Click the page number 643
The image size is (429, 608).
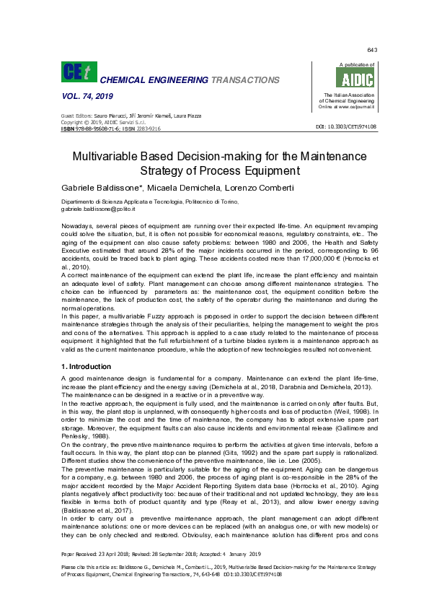(x=372, y=50)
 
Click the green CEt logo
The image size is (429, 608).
(x=79, y=73)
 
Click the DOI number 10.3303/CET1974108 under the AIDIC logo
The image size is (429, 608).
(x=347, y=127)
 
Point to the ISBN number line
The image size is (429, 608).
(x=110, y=128)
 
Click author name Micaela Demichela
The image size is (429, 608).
(x=180, y=187)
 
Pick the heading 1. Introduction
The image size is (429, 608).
(x=87, y=367)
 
